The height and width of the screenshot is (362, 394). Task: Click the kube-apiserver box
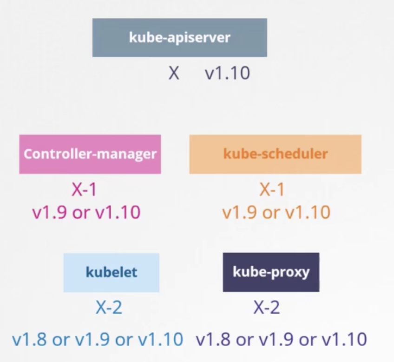point(179,38)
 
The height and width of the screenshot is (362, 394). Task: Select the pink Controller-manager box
point(90,154)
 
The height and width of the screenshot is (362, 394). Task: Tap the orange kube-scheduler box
point(275,154)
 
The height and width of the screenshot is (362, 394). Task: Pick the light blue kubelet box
point(111,272)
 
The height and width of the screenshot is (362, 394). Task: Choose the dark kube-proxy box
point(271,272)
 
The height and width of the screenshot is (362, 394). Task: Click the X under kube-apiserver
point(173,73)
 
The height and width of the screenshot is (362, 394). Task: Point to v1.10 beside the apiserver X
point(227,73)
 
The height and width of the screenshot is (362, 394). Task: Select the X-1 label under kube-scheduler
point(272,190)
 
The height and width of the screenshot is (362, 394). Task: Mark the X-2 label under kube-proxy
point(267,308)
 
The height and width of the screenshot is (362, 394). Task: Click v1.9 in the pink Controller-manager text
point(49,213)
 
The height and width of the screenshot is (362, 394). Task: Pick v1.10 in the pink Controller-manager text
point(118,213)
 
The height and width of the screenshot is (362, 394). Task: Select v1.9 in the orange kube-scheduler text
point(239,213)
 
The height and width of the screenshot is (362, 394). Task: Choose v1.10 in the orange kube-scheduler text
point(308,213)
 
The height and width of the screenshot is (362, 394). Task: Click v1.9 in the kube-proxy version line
point(275,340)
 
